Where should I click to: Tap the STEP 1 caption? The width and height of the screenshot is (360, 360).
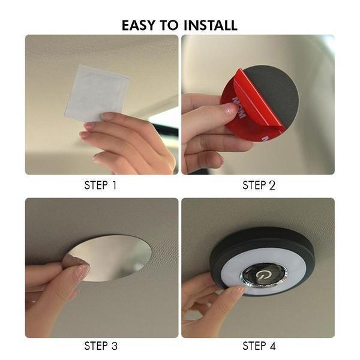coord(101,185)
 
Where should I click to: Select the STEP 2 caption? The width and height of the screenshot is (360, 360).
coord(259,185)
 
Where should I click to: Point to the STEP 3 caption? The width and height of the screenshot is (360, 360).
coord(101,346)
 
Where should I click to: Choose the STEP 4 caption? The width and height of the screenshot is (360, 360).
coord(259,346)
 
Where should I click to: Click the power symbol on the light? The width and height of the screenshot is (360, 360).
coord(263,275)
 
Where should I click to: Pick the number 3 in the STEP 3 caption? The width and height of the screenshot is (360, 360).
coord(114,346)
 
